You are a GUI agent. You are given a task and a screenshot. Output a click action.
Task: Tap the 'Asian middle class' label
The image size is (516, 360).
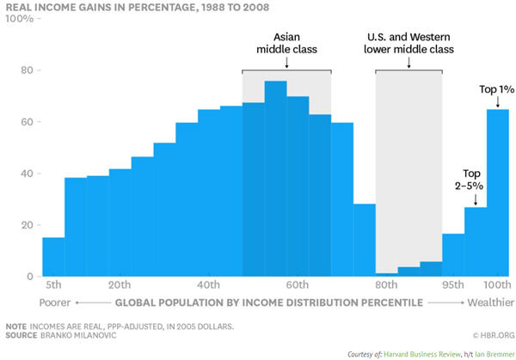pyautogui.click(x=286, y=43)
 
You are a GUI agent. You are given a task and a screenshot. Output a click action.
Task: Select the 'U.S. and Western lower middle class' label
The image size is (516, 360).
pyautogui.click(x=408, y=43)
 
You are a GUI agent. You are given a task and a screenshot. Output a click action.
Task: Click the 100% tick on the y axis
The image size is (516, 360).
pyautogui.click(x=20, y=18)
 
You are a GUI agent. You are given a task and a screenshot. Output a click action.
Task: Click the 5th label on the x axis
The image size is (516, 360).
pyautogui.click(x=53, y=285)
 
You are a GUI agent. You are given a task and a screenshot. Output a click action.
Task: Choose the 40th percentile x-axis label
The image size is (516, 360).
pyautogui.click(x=208, y=285)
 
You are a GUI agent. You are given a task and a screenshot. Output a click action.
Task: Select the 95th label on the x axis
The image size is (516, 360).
pyautogui.click(x=453, y=285)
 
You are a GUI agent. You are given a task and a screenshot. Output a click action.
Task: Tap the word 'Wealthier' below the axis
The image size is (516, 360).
pyautogui.click(x=490, y=302)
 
